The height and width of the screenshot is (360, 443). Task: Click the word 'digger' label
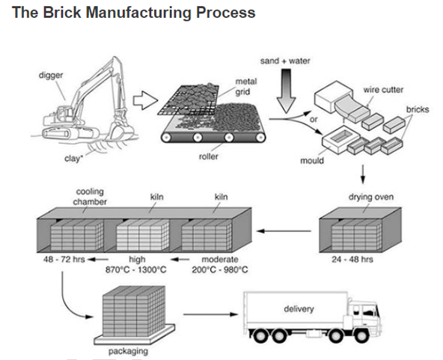point(51,76)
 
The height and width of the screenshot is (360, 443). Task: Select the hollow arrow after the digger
point(145,100)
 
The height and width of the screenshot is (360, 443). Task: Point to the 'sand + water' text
point(285,61)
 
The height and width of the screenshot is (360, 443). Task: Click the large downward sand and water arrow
point(286,91)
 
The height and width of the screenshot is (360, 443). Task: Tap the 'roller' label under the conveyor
point(209,156)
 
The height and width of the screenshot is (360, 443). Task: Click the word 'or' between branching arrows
point(314,120)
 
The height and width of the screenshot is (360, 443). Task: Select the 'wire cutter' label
point(383,90)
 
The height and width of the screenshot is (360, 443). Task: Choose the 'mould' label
point(312,160)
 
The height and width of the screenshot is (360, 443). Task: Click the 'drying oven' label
point(371,197)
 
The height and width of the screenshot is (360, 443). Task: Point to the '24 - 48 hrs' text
point(352,259)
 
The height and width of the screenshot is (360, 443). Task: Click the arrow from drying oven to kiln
point(284,231)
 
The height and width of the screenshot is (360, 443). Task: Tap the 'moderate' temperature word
point(220,259)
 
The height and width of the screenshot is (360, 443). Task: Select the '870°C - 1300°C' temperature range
point(136,269)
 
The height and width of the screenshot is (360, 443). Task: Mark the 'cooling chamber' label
point(90,197)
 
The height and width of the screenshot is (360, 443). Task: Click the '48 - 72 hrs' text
point(64,259)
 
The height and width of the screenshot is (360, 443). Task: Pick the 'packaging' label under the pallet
point(128,351)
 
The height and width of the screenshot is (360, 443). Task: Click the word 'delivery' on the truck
point(299,309)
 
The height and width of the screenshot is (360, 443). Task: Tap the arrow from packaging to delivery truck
point(210,314)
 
